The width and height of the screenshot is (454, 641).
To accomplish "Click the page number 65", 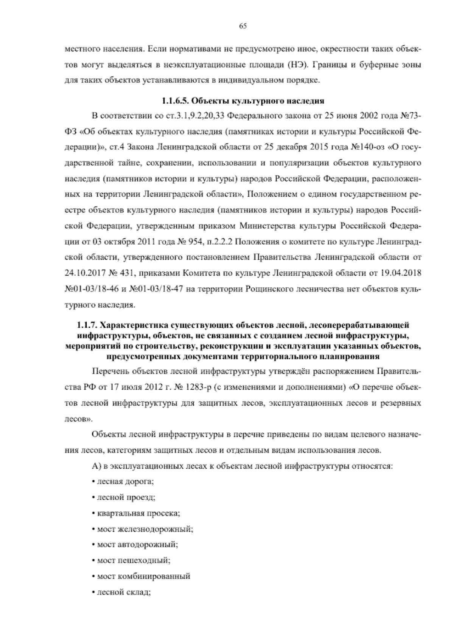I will click(x=243, y=26).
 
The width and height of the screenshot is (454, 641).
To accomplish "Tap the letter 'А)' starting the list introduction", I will click(x=95, y=466).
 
